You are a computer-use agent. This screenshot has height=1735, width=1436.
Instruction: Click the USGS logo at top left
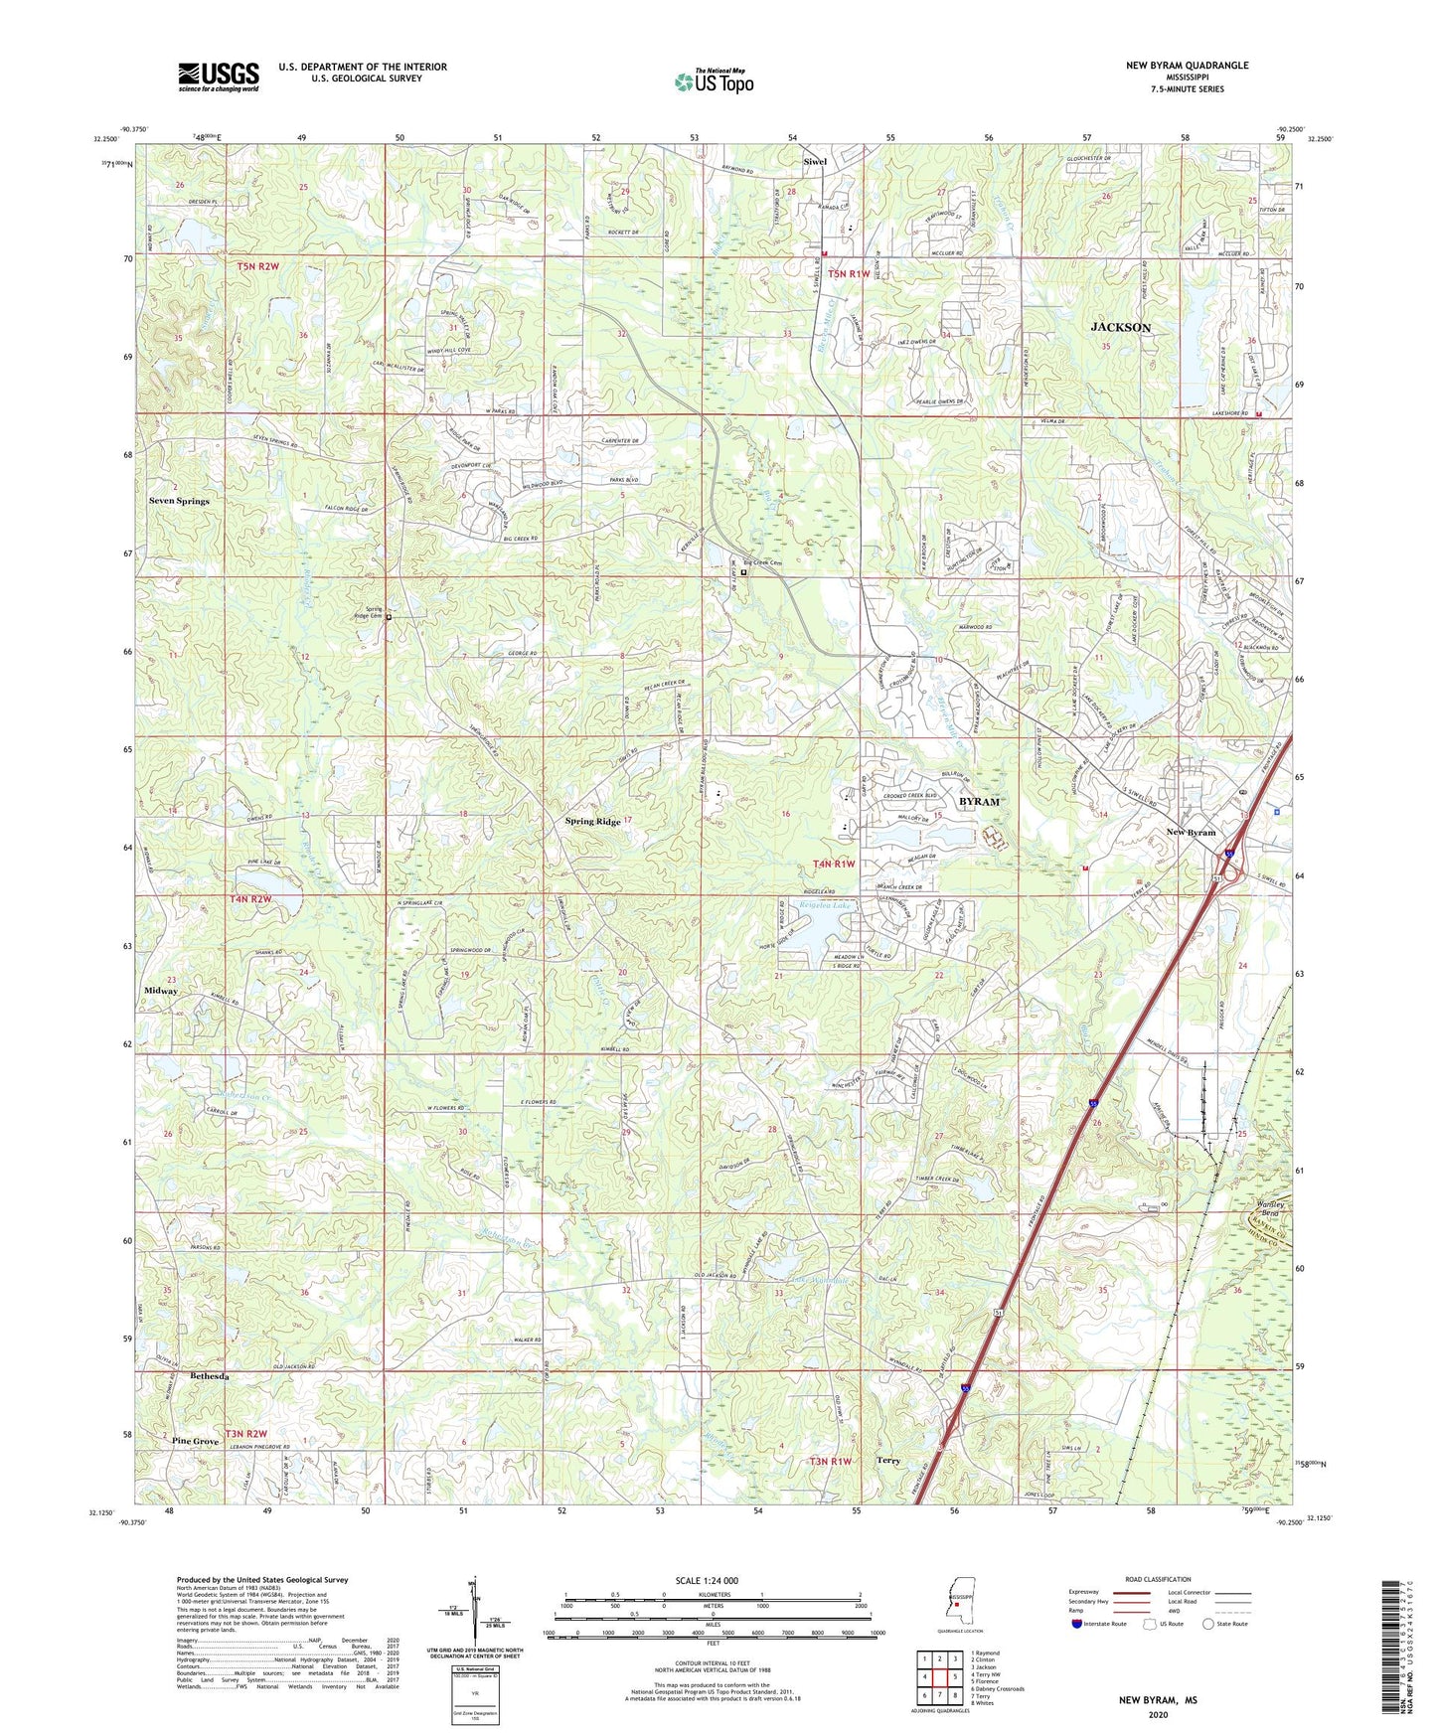point(219,76)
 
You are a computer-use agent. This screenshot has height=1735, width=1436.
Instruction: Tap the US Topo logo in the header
point(713,81)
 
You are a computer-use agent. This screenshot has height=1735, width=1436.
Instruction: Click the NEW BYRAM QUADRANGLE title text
point(1187,66)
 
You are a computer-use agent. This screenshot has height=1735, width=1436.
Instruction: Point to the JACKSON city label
point(1120,327)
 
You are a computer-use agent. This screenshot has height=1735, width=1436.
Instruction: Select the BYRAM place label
point(978,801)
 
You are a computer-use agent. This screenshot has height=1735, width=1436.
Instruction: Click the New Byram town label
point(1191,832)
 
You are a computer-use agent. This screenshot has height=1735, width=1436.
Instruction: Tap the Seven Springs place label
point(179,501)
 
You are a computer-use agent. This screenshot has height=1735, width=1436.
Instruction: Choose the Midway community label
point(161,991)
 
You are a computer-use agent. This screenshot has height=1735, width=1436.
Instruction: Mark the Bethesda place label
point(210,1376)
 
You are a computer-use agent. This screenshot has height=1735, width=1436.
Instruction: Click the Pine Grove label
point(195,1441)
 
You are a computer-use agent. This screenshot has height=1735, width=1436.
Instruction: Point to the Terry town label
point(887,1461)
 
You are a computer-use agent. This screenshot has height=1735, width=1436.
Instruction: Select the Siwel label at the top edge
point(815,161)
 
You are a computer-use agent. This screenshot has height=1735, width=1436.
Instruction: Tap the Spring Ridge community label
point(592,821)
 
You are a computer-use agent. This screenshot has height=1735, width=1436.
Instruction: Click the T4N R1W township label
point(833,864)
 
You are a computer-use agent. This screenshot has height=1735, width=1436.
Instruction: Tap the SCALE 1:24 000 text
point(712,1580)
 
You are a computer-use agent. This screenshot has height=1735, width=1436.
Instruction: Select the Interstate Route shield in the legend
point(1076,1624)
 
